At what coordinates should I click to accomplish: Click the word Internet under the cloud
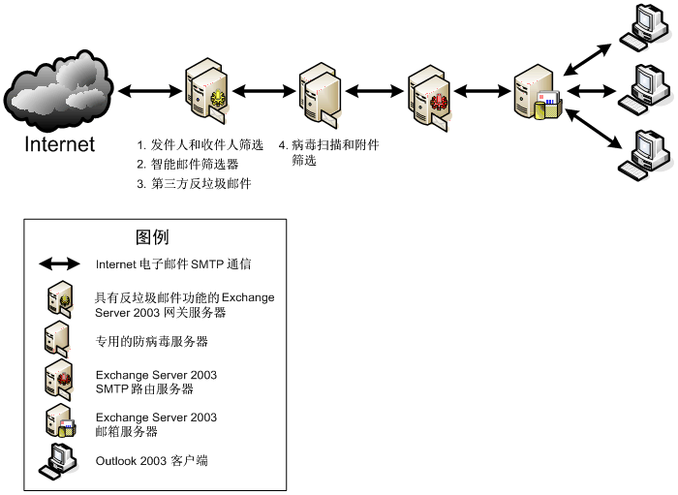coord(60,144)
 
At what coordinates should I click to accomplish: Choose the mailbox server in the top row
coord(536,92)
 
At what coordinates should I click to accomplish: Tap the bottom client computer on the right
coord(644,153)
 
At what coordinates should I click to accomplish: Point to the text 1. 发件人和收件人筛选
coord(200,145)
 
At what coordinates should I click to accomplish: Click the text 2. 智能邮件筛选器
coord(188,165)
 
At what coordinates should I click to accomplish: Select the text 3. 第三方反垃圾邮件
coord(194,184)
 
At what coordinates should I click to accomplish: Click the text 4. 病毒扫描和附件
coord(328,145)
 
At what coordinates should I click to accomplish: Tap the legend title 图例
coord(153,237)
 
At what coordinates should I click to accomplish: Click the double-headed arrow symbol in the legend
coord(59,263)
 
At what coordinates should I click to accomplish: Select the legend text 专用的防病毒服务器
coord(152,342)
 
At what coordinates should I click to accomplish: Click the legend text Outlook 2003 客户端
coord(151,461)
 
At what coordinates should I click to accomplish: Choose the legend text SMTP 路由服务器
coord(144,389)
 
